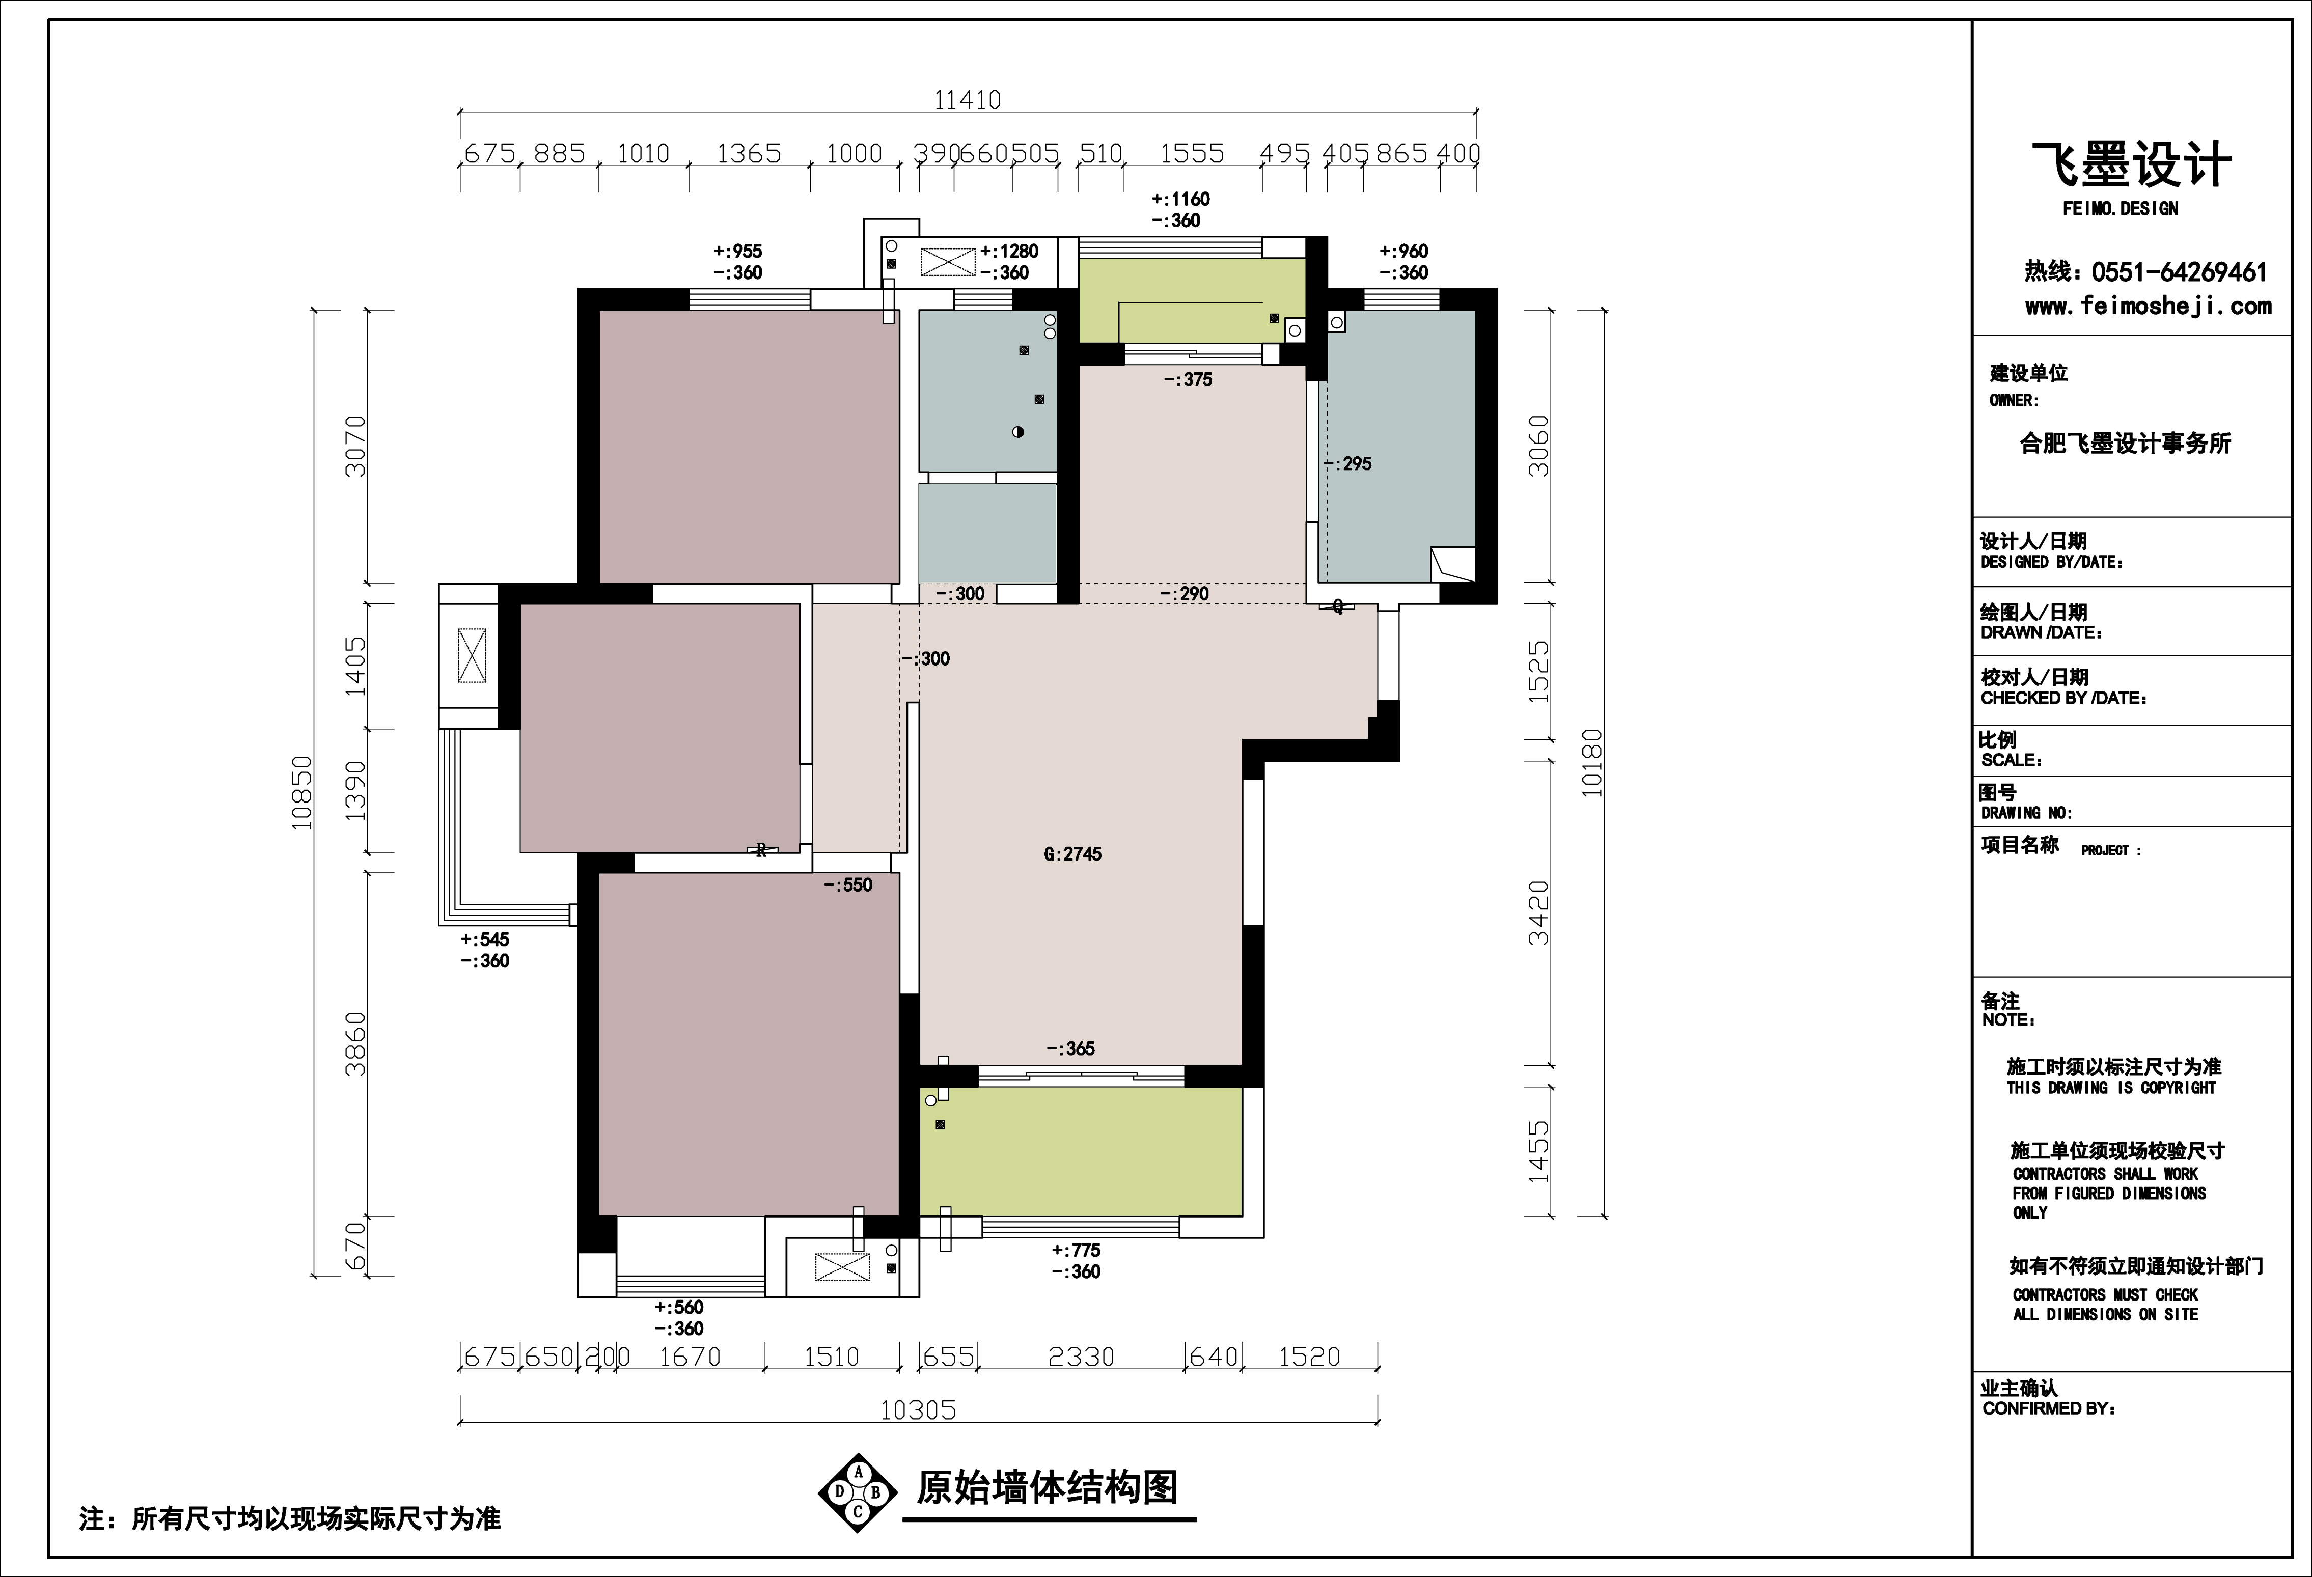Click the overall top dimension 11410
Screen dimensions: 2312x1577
967,99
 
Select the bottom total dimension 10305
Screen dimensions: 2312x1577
917,1410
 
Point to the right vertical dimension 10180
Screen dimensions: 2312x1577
1593,763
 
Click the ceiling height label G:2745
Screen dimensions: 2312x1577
1072,853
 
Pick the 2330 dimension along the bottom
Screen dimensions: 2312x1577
1081,1356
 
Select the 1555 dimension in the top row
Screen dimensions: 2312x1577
1192,153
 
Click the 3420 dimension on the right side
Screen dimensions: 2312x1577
1539,912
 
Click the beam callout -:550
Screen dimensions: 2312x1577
847,884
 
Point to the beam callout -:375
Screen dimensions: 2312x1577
1188,379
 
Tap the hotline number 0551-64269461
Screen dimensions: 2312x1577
2179,271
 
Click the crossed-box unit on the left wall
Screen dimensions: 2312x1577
472,656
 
